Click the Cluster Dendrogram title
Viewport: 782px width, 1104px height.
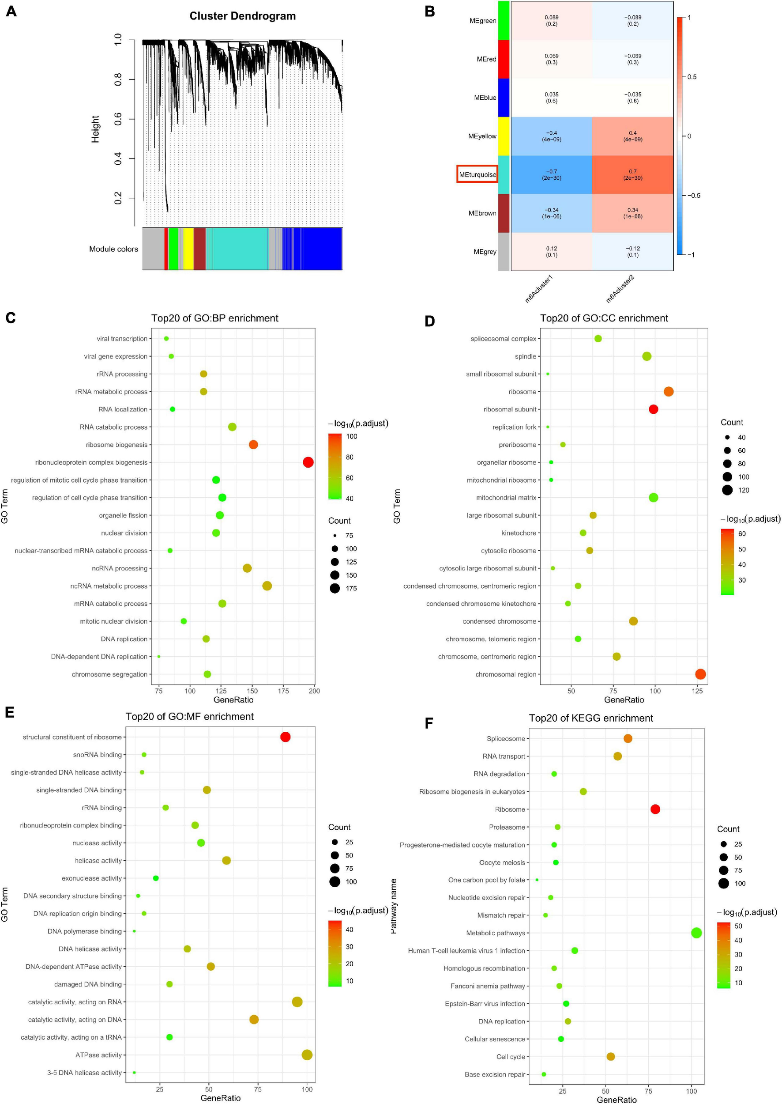[x=242, y=16]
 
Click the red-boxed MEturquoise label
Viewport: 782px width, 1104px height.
[x=477, y=174]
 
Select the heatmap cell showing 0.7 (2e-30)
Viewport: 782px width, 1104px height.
[x=632, y=174]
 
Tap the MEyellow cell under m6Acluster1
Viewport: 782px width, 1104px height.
[x=551, y=136]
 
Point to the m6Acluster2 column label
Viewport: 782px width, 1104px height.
[x=620, y=289]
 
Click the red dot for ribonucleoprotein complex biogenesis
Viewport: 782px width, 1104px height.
[x=308, y=462]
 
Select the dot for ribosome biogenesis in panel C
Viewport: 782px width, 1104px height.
[x=253, y=444]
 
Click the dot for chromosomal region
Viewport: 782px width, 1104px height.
[x=700, y=674]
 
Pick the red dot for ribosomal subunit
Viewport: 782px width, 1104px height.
[x=653, y=409]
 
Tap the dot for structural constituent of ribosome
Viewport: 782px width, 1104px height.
[x=285, y=737]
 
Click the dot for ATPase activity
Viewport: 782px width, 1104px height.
[x=307, y=1055]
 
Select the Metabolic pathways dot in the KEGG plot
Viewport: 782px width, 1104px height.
[x=696, y=933]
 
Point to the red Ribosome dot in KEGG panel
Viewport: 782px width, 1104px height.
[x=655, y=809]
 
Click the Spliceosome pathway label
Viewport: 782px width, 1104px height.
[x=506, y=739]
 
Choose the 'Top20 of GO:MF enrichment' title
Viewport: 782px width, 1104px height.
[x=189, y=717]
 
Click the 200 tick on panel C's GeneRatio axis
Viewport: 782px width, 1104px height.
[x=314, y=691]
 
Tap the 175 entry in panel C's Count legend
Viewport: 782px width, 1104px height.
[x=351, y=588]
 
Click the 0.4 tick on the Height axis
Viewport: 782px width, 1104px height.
[x=118, y=158]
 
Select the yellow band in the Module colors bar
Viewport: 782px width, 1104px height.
[x=188, y=249]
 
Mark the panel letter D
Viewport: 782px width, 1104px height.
[x=429, y=321]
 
